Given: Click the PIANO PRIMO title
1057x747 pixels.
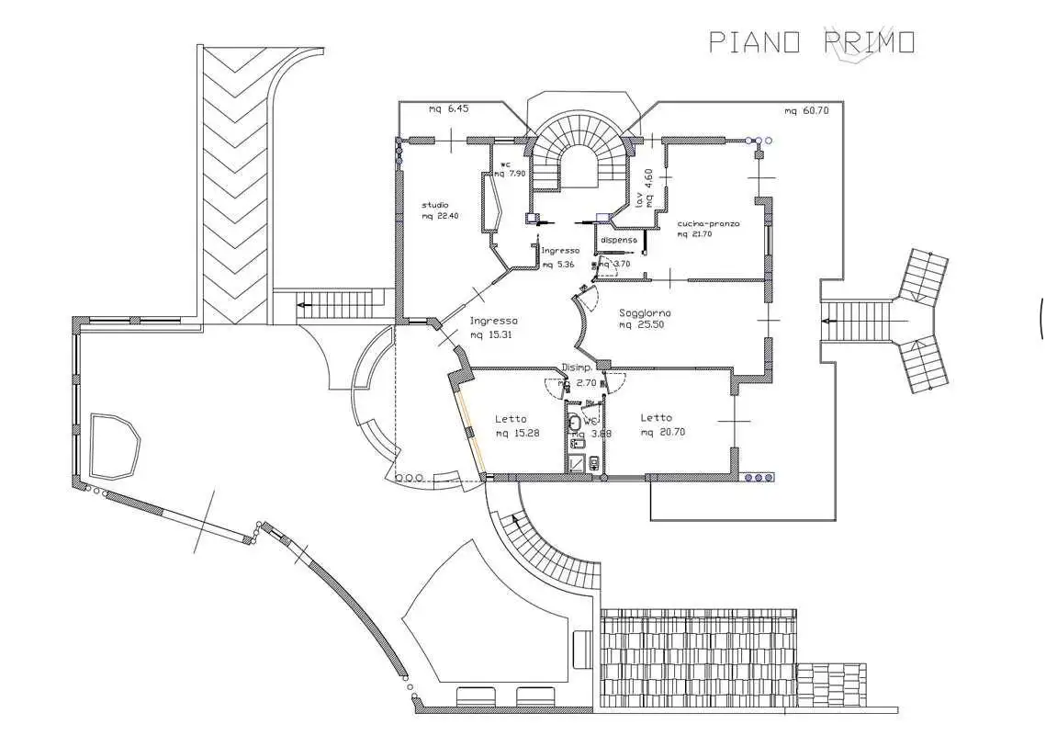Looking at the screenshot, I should click(x=811, y=42).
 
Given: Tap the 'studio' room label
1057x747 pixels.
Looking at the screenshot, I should click(x=435, y=204).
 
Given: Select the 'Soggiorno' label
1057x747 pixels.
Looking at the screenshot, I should click(x=645, y=312).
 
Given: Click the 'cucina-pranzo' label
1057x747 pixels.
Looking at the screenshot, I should click(x=708, y=223).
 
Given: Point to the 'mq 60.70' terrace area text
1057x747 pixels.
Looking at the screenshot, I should click(x=806, y=111).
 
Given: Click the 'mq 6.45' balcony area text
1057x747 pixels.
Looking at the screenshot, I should click(x=448, y=108).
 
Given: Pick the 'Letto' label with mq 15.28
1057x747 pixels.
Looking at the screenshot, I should click(x=511, y=418).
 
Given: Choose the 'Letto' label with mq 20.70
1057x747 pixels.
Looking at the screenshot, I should click(x=656, y=418).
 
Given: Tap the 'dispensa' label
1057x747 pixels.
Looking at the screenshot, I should click(x=618, y=240).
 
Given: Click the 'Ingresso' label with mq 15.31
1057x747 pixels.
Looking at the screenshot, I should click(x=494, y=321).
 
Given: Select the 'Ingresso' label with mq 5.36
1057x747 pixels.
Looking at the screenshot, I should click(x=560, y=250).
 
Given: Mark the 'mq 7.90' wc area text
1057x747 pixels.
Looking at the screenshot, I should click(x=510, y=173).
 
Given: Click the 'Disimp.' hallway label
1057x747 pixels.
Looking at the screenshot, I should click(x=576, y=368).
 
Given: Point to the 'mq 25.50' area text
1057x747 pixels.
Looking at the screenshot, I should click(x=642, y=325).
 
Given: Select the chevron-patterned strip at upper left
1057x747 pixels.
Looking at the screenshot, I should click(x=234, y=184).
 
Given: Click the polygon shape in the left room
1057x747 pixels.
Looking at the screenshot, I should click(x=115, y=445).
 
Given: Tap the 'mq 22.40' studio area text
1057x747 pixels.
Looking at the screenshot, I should click(x=440, y=216).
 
